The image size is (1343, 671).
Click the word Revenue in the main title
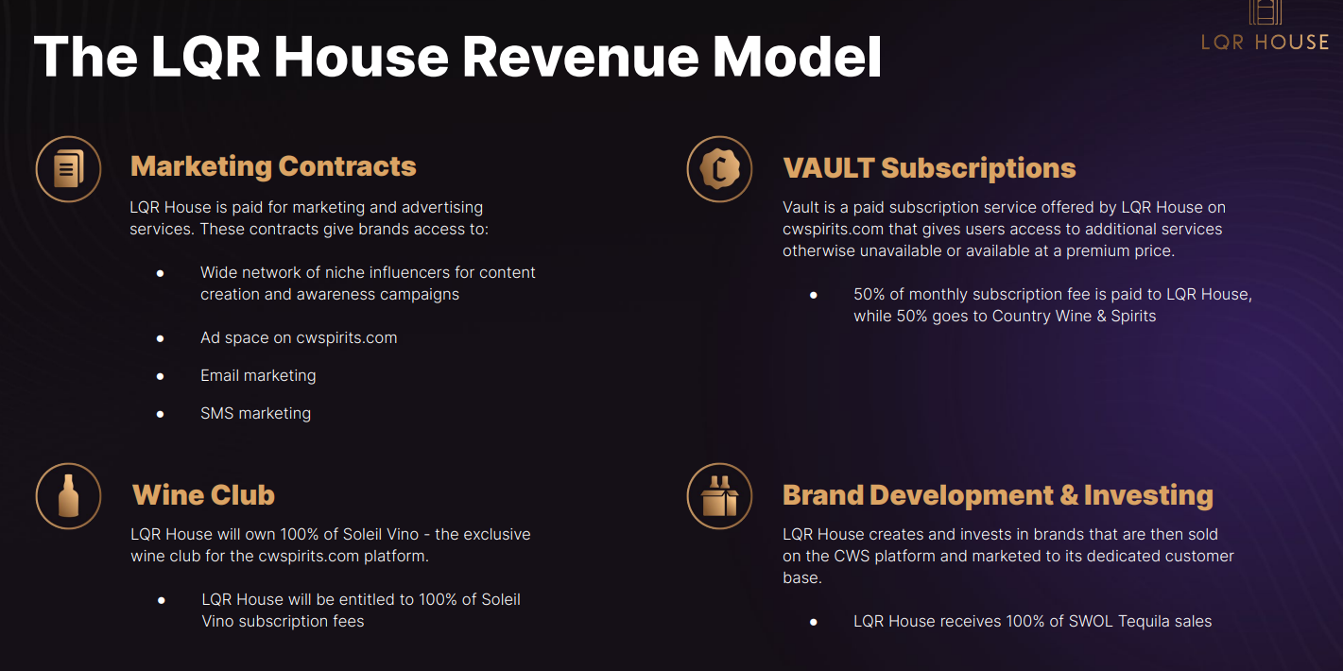tap(580, 57)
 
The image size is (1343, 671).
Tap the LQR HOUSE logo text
tap(1266, 43)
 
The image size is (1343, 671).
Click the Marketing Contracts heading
tap(273, 166)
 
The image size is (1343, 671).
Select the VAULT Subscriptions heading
tap(929, 168)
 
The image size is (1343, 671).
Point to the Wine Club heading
tap(203, 494)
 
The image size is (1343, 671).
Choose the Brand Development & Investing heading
tap(998, 495)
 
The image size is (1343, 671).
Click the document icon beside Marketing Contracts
tap(68, 169)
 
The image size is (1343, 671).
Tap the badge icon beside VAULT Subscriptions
tap(719, 169)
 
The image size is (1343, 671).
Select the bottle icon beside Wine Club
tap(68, 496)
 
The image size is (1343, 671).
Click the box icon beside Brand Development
tap(719, 496)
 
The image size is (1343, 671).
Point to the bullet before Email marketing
tap(160, 376)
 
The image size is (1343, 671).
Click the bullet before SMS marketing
tap(160, 414)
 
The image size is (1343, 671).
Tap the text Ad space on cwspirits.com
tap(299, 338)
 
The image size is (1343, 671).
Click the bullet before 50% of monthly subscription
tap(814, 295)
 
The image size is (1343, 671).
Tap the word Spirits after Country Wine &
tap(1133, 317)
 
